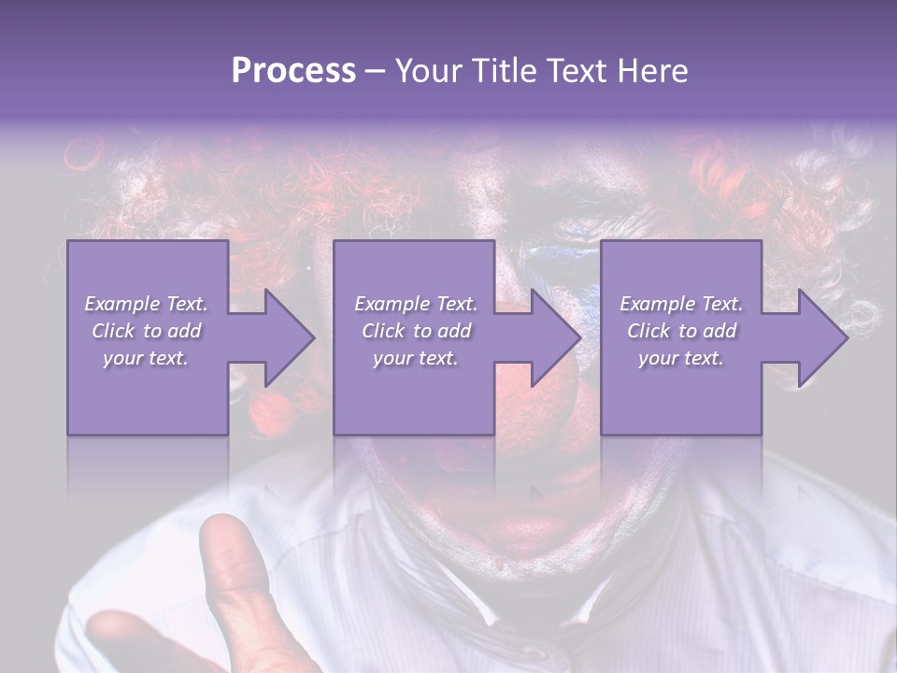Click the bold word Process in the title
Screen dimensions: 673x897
click(293, 71)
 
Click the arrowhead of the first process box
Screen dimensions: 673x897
click(290, 337)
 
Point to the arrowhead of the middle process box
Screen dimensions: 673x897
click(556, 337)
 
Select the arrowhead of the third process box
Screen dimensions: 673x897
click(822, 337)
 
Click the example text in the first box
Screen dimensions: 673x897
click(146, 331)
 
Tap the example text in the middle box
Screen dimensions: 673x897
click(415, 331)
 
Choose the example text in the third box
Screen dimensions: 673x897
click(681, 331)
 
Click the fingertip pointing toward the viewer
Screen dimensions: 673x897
click(229, 542)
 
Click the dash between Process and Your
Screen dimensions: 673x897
click(375, 71)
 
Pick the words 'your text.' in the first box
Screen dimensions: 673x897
click(146, 358)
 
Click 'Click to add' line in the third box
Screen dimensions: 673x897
click(681, 331)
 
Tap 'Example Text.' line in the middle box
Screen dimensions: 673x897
click(415, 304)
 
